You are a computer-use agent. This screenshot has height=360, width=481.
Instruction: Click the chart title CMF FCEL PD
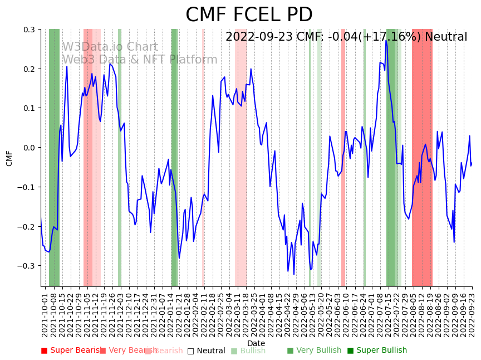click(x=249, y=15)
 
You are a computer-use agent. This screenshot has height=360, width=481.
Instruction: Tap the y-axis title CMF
click(x=9, y=158)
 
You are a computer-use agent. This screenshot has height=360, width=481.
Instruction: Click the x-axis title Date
click(x=256, y=343)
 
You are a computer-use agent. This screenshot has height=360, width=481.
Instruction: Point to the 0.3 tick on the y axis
click(x=28, y=30)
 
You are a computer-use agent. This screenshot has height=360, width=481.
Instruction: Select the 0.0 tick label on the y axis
click(x=28, y=148)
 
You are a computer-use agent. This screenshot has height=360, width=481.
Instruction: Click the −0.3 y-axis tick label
click(x=26, y=266)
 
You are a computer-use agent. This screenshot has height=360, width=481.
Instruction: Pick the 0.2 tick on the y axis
click(x=28, y=69)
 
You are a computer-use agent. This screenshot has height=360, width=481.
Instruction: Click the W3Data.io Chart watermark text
click(x=110, y=47)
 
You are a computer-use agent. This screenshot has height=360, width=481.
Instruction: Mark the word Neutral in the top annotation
click(x=446, y=37)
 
